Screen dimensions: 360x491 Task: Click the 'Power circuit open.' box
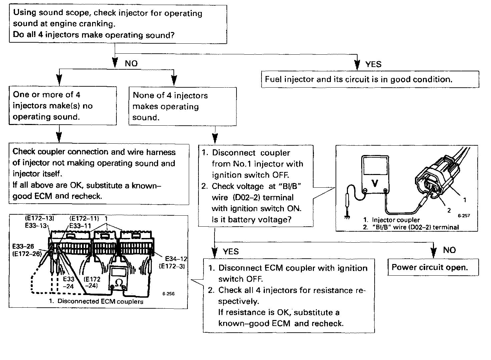433,267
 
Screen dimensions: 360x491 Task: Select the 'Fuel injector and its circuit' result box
370,79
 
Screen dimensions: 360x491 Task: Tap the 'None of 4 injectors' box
182,106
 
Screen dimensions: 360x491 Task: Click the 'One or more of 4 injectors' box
63,106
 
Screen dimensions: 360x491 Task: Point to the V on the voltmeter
375,183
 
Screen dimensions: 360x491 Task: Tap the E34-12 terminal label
176,258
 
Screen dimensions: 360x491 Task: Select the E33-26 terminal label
23,247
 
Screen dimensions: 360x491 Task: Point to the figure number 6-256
168,294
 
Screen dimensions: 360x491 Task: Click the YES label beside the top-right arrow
373,64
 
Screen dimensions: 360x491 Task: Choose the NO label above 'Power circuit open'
449,250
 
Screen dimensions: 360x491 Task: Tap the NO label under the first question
131,64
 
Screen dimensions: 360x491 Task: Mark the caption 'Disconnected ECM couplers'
100,301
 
